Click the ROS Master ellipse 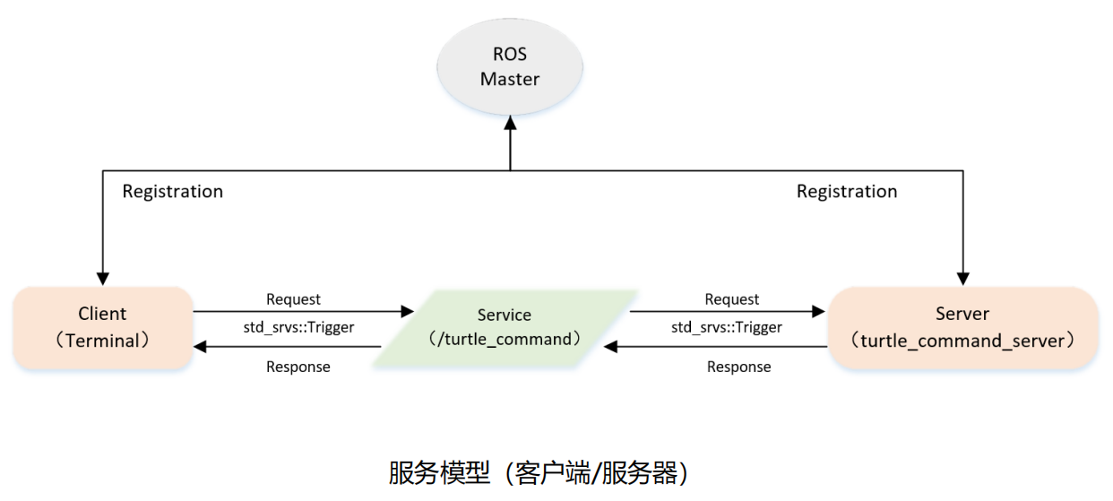[509, 66]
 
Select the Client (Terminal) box [102, 327]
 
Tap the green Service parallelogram [504, 327]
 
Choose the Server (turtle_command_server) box [962, 327]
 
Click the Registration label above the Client [172, 191]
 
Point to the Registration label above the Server [847, 191]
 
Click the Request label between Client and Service [293, 299]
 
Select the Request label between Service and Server [731, 299]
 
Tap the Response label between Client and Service [298, 367]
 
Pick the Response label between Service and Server [738, 367]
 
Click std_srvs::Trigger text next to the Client [298, 327]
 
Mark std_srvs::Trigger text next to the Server [726, 327]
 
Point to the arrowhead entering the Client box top [102, 279]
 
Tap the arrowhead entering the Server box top [963, 279]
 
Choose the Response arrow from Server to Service [717, 347]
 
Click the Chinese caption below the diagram [537, 472]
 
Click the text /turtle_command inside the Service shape [504, 340]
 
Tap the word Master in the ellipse [509, 79]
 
